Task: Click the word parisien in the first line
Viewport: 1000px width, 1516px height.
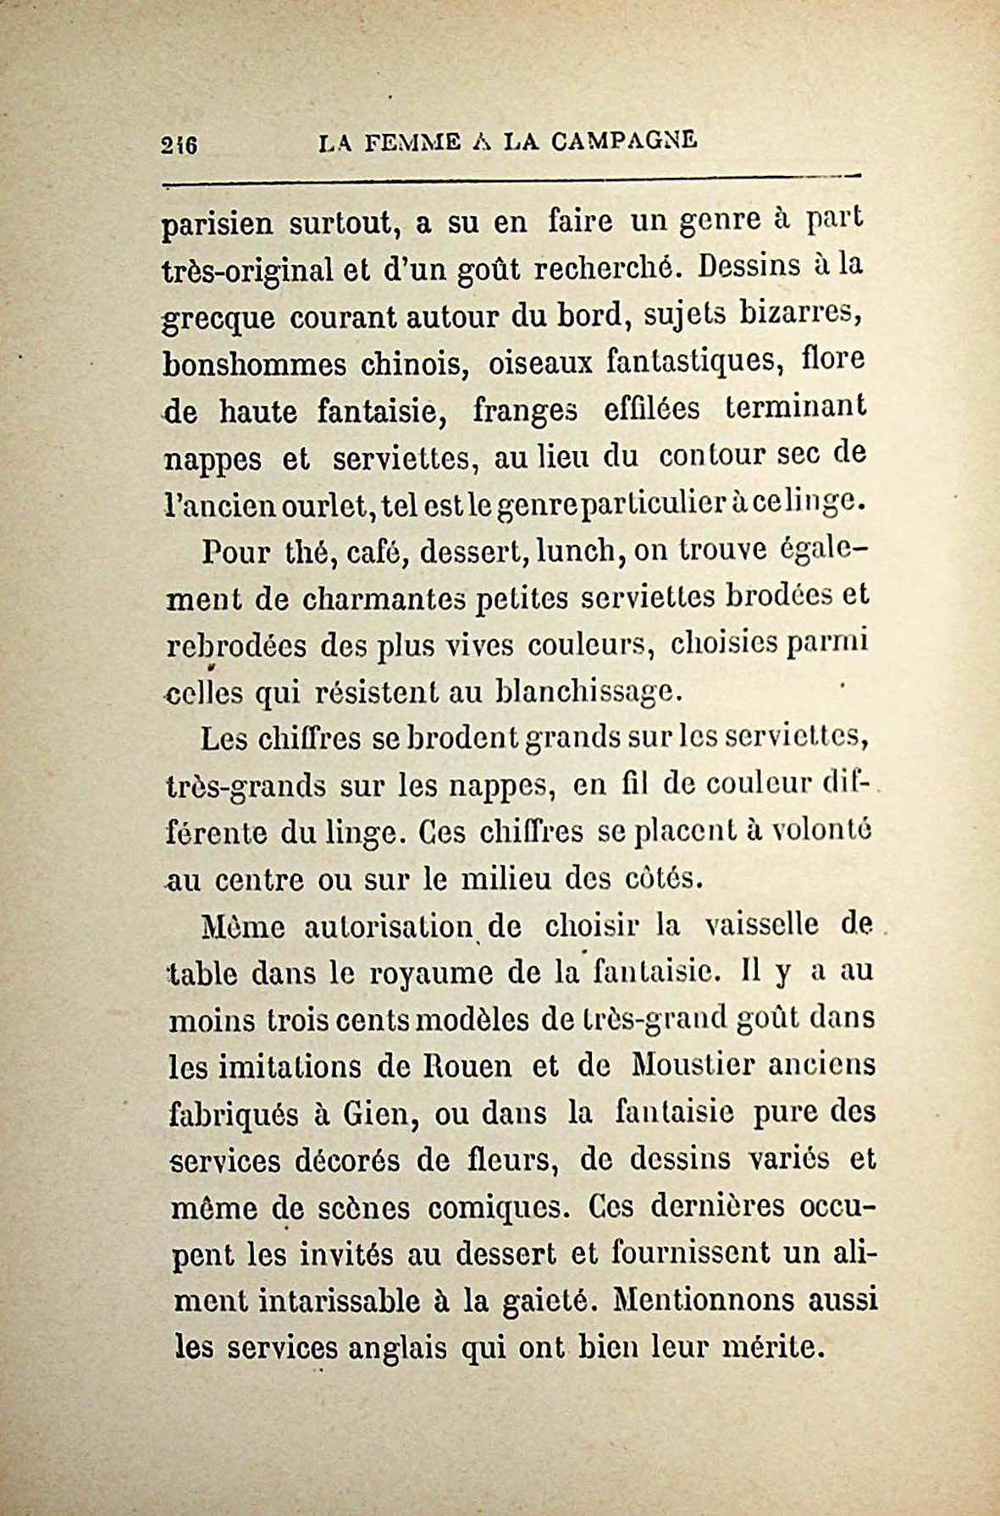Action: [217, 226]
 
